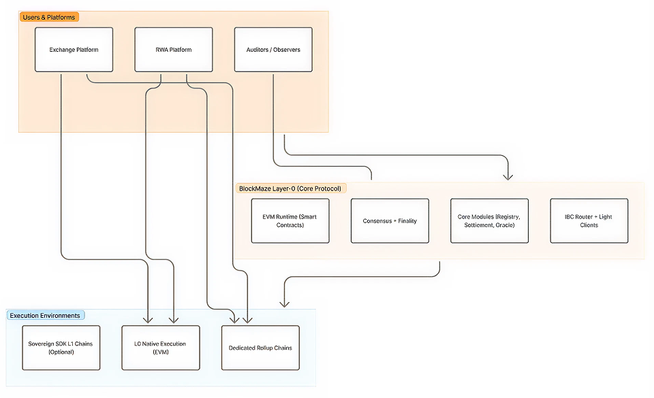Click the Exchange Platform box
[74, 50]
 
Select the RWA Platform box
[174, 50]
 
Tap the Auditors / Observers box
[273, 50]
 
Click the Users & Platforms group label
[50, 17]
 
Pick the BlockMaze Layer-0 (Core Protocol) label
[290, 188]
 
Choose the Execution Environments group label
[45, 316]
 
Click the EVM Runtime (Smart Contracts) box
[290, 221]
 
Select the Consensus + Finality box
[390, 221]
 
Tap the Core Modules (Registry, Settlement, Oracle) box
[489, 221]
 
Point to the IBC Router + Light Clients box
[589, 221]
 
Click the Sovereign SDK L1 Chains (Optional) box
[61, 348]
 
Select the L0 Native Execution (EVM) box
[160, 348]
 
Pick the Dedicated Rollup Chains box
[260, 348]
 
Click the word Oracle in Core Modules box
[505, 225]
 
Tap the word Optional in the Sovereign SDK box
[61, 352]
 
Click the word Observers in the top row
[286, 50]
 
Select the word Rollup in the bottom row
[261, 348]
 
